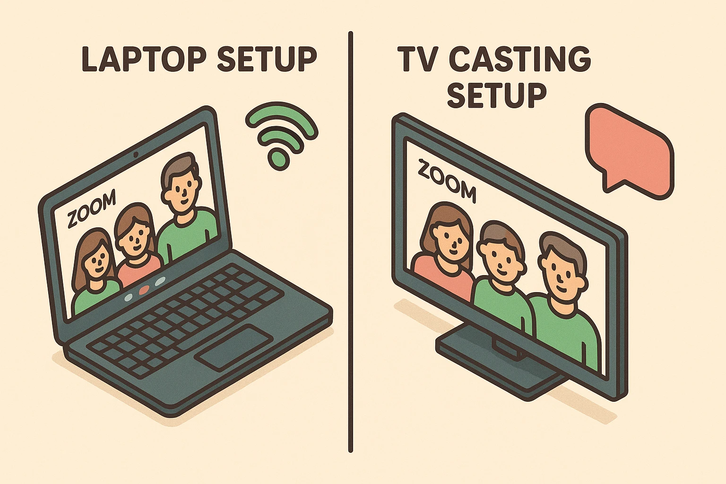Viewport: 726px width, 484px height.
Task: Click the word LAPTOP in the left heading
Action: [144, 59]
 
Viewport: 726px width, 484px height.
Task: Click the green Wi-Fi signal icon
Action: [281, 137]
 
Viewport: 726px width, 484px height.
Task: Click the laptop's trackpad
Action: [234, 347]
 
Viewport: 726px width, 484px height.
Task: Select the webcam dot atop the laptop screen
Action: [136, 155]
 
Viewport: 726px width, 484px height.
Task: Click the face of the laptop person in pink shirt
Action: [135, 236]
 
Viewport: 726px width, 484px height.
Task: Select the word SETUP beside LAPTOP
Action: [267, 59]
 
